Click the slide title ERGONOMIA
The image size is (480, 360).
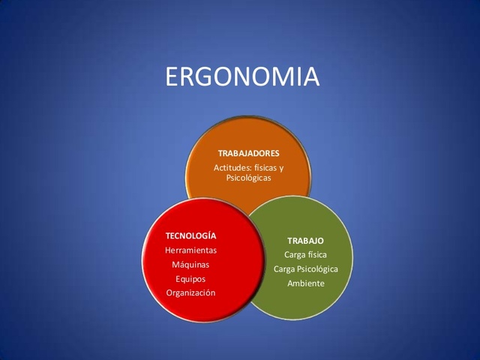pyautogui.click(x=240, y=78)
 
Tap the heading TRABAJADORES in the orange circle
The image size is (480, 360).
pyautogui.click(x=247, y=153)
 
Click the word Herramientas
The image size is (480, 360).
pyautogui.click(x=190, y=250)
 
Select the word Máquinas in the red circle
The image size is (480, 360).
pyautogui.click(x=190, y=264)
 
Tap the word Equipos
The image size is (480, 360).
pyautogui.click(x=190, y=278)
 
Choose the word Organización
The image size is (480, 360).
pyautogui.click(x=190, y=292)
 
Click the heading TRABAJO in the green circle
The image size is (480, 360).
pyautogui.click(x=305, y=241)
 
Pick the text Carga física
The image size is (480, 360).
pyautogui.click(x=305, y=255)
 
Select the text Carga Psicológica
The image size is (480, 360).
pyautogui.click(x=305, y=268)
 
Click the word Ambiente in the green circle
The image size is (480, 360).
pyautogui.click(x=305, y=283)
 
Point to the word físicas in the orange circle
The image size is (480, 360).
pyautogui.click(x=265, y=167)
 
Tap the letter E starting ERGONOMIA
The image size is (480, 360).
pyautogui.click(x=170, y=78)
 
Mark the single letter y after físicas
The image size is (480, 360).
pyautogui.click(x=281, y=168)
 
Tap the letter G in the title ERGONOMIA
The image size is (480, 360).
pyautogui.click(x=203, y=78)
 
